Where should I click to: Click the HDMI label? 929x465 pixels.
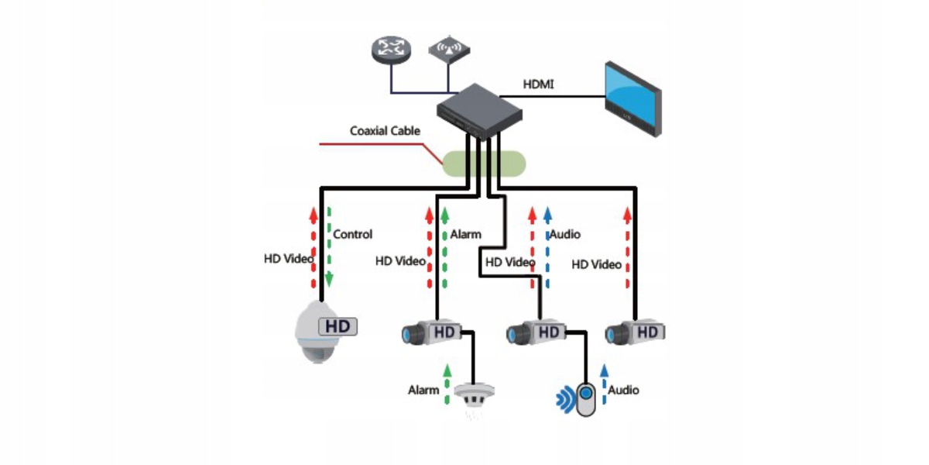click(x=538, y=84)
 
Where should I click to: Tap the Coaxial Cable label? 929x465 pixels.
click(x=385, y=131)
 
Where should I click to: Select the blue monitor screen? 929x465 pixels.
click(x=630, y=96)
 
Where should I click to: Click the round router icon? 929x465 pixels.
click(x=391, y=50)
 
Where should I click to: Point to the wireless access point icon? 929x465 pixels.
click(x=449, y=50)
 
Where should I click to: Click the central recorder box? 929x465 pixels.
click(x=479, y=112)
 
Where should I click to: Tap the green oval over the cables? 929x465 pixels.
click(x=484, y=164)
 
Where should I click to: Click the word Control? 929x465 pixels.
click(x=352, y=234)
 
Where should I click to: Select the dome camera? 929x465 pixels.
click(x=317, y=332)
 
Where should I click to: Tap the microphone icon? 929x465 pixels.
click(x=585, y=399)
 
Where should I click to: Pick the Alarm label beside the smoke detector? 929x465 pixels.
click(x=423, y=390)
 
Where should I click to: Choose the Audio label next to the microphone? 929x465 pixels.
click(x=623, y=390)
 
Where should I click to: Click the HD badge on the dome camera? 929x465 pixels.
click(x=338, y=326)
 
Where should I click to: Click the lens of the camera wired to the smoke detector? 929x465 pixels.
click(x=410, y=335)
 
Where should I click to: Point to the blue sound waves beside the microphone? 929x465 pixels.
click(x=565, y=399)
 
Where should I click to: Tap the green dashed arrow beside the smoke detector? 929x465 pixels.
click(x=447, y=384)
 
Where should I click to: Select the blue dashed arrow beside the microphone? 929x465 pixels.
click(x=604, y=384)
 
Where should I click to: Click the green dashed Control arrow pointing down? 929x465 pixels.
click(x=329, y=246)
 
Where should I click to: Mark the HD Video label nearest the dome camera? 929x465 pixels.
click(x=289, y=259)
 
